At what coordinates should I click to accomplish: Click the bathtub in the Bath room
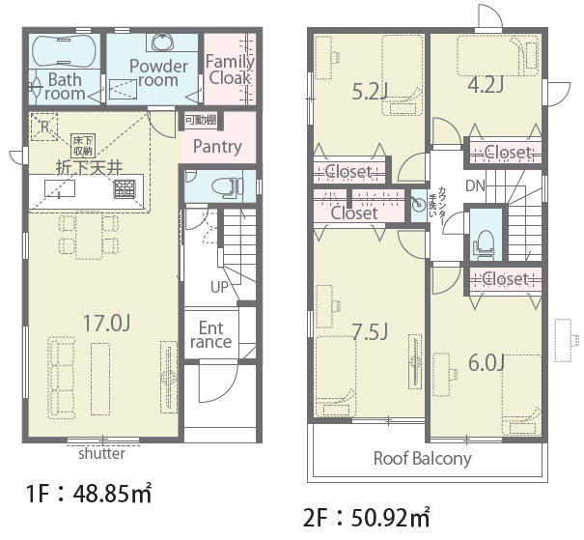click(x=64, y=50)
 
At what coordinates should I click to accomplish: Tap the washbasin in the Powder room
click(x=163, y=41)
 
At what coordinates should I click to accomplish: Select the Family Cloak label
click(x=230, y=70)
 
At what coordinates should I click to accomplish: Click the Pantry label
click(x=217, y=146)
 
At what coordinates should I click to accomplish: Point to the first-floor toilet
click(x=226, y=185)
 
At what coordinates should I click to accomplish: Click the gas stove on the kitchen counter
click(x=125, y=188)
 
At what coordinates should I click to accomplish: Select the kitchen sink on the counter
click(x=60, y=188)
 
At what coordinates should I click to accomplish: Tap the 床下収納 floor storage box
click(x=83, y=146)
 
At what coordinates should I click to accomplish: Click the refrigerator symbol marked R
click(x=44, y=127)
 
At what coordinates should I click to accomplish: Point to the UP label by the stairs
click(x=219, y=287)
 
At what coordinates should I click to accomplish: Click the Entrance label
click(x=210, y=335)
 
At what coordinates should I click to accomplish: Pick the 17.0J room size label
click(x=106, y=323)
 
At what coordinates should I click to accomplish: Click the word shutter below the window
click(x=101, y=453)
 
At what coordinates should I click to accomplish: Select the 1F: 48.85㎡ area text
click(x=89, y=494)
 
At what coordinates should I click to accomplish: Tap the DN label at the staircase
click(x=475, y=185)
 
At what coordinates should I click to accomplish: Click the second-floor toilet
click(x=484, y=243)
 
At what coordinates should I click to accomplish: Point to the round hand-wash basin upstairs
click(x=419, y=205)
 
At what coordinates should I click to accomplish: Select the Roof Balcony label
click(x=423, y=459)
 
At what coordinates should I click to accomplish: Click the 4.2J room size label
click(x=486, y=85)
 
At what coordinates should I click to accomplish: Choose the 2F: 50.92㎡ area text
click(x=367, y=518)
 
